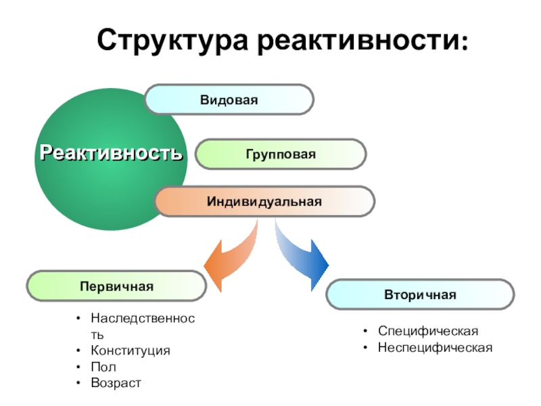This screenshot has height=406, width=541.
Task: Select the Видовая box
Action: point(229,99)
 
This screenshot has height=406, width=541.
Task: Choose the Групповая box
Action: point(281,154)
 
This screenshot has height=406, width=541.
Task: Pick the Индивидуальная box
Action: point(264,201)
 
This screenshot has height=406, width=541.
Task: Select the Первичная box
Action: point(116,286)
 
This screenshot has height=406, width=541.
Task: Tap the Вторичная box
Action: point(420,294)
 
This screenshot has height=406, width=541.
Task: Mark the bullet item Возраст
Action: point(116,384)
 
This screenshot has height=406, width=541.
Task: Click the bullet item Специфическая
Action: point(427,331)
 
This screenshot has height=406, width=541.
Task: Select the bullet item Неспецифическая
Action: point(435,347)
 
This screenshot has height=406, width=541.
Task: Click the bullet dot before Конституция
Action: point(79,351)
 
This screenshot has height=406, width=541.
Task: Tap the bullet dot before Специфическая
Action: point(365,331)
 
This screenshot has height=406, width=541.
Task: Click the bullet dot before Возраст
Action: point(79,384)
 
